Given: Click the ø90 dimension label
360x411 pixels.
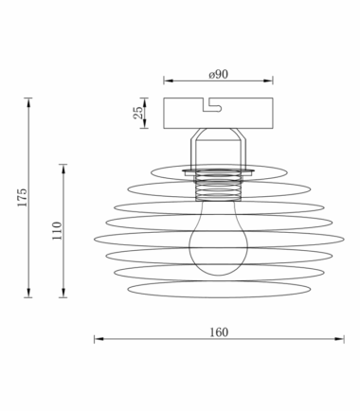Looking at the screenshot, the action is tap(218, 75).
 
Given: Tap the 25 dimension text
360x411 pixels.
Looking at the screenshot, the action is tap(137, 113).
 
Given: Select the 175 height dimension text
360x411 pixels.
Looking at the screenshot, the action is tap(22, 197).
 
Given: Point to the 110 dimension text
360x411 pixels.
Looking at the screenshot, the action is tap(57, 231).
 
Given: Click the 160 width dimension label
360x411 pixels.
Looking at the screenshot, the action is tap(219, 332).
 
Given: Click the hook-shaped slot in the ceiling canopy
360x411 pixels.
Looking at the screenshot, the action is tap(212, 105).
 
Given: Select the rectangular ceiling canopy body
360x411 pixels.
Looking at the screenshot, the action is tap(218, 113).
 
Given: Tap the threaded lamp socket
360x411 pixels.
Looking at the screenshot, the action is tap(218, 186).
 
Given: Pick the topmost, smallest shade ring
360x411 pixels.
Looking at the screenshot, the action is tap(219, 165).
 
